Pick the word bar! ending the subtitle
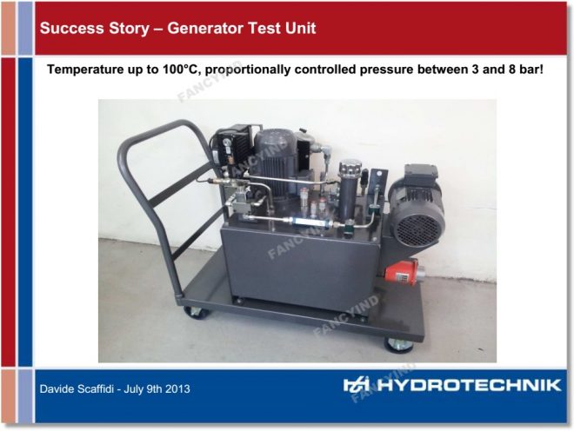coord(531,70)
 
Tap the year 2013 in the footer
coord(178,388)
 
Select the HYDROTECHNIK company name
coord(470,385)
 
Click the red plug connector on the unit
coord(400,273)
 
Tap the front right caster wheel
coord(398,344)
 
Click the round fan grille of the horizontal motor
coord(417,230)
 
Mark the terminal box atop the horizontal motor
coord(420,174)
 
